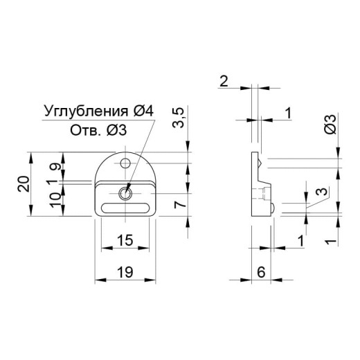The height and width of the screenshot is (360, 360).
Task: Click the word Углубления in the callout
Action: click(86, 111)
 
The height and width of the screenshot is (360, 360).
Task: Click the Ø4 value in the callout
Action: click(143, 111)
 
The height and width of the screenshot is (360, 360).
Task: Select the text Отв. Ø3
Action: click(98, 130)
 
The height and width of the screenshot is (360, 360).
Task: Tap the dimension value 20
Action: click(24, 184)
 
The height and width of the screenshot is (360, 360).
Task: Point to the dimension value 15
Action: click(125, 240)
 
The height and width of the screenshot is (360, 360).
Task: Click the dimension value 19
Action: click(125, 272)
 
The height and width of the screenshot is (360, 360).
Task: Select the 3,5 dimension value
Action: click(179, 118)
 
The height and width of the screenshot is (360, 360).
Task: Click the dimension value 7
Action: click(180, 204)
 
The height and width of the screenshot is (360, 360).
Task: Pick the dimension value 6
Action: click(261, 272)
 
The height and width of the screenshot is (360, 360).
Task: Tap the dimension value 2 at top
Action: click(224, 81)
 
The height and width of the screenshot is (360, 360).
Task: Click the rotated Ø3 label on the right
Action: click(330, 125)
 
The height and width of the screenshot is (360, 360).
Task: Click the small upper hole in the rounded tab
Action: click(125, 163)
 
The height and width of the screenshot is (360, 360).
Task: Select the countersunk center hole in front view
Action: click(125, 193)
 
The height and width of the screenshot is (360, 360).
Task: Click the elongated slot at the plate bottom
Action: click(125, 208)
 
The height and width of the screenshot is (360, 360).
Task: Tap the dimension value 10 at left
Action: click(55, 200)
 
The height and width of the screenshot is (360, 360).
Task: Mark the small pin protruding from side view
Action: click(273, 207)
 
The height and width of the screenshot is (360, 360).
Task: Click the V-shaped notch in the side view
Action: click(260, 163)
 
